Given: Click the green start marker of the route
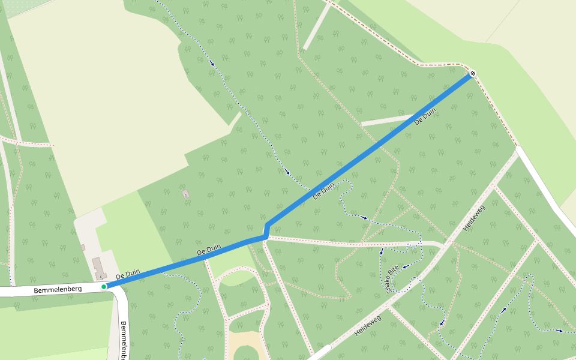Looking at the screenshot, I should pos(104,287).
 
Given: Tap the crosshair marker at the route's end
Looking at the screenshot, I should pos(473,73).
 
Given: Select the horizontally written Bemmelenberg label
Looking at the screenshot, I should pos(58,290).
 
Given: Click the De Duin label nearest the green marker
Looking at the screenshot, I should pos(128,274).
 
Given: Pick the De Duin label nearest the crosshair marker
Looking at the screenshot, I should pos(425,116).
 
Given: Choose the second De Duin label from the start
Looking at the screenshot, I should pos(209,249).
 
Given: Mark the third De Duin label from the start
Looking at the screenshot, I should pos(324,191).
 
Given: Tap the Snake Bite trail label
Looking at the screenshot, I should pos(392,279).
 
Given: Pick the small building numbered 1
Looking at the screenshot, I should pos(185,194).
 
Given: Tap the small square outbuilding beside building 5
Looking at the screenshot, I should pos(83,247).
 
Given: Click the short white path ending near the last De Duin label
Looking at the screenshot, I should pos(387,121).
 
